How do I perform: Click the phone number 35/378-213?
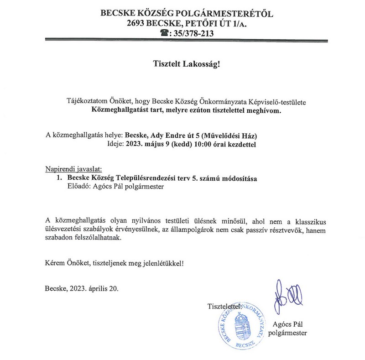(x=191, y=33)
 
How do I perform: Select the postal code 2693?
(x=139, y=23)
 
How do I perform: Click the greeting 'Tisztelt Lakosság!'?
(x=186, y=64)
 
